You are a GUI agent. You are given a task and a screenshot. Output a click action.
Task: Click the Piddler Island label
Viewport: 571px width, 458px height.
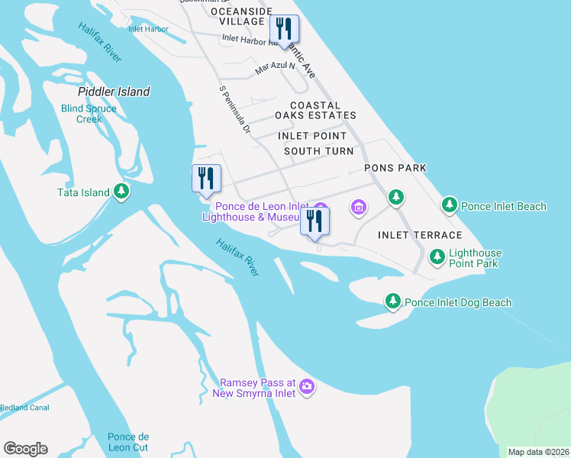pos(114,92)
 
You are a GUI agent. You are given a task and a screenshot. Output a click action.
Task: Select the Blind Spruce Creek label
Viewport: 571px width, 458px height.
pos(89,114)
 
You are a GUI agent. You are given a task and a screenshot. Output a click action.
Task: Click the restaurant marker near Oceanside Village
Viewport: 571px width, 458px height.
pos(284,30)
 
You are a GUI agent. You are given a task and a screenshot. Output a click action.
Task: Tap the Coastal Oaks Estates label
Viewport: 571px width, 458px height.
pos(315,110)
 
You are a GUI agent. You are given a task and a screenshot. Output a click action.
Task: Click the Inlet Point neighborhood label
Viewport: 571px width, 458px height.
pos(312,136)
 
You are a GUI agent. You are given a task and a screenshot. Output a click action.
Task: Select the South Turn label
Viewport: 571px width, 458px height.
pos(318,151)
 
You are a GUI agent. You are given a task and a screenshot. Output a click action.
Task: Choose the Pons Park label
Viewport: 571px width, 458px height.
pos(395,167)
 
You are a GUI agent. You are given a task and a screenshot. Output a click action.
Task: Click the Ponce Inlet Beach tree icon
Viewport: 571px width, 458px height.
pos(450,205)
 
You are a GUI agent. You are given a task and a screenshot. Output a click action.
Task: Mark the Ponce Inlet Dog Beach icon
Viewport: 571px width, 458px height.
pos(393,302)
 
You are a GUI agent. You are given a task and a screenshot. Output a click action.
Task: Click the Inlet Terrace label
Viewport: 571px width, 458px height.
pos(420,235)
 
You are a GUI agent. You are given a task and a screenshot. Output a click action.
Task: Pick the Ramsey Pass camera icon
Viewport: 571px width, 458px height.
pos(307,387)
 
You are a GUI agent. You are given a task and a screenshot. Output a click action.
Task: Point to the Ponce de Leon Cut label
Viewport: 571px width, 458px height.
pos(127,442)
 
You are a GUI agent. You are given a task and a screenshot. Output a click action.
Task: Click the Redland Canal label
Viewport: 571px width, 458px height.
pos(24,408)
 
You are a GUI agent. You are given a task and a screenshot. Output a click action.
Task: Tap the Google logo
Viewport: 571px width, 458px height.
pos(25,449)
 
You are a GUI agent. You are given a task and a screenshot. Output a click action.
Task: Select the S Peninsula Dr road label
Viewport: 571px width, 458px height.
pos(235,109)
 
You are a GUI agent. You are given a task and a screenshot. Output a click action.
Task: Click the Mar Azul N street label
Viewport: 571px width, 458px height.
pos(275,67)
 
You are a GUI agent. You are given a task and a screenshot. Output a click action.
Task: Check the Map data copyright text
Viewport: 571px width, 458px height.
pos(538,452)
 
